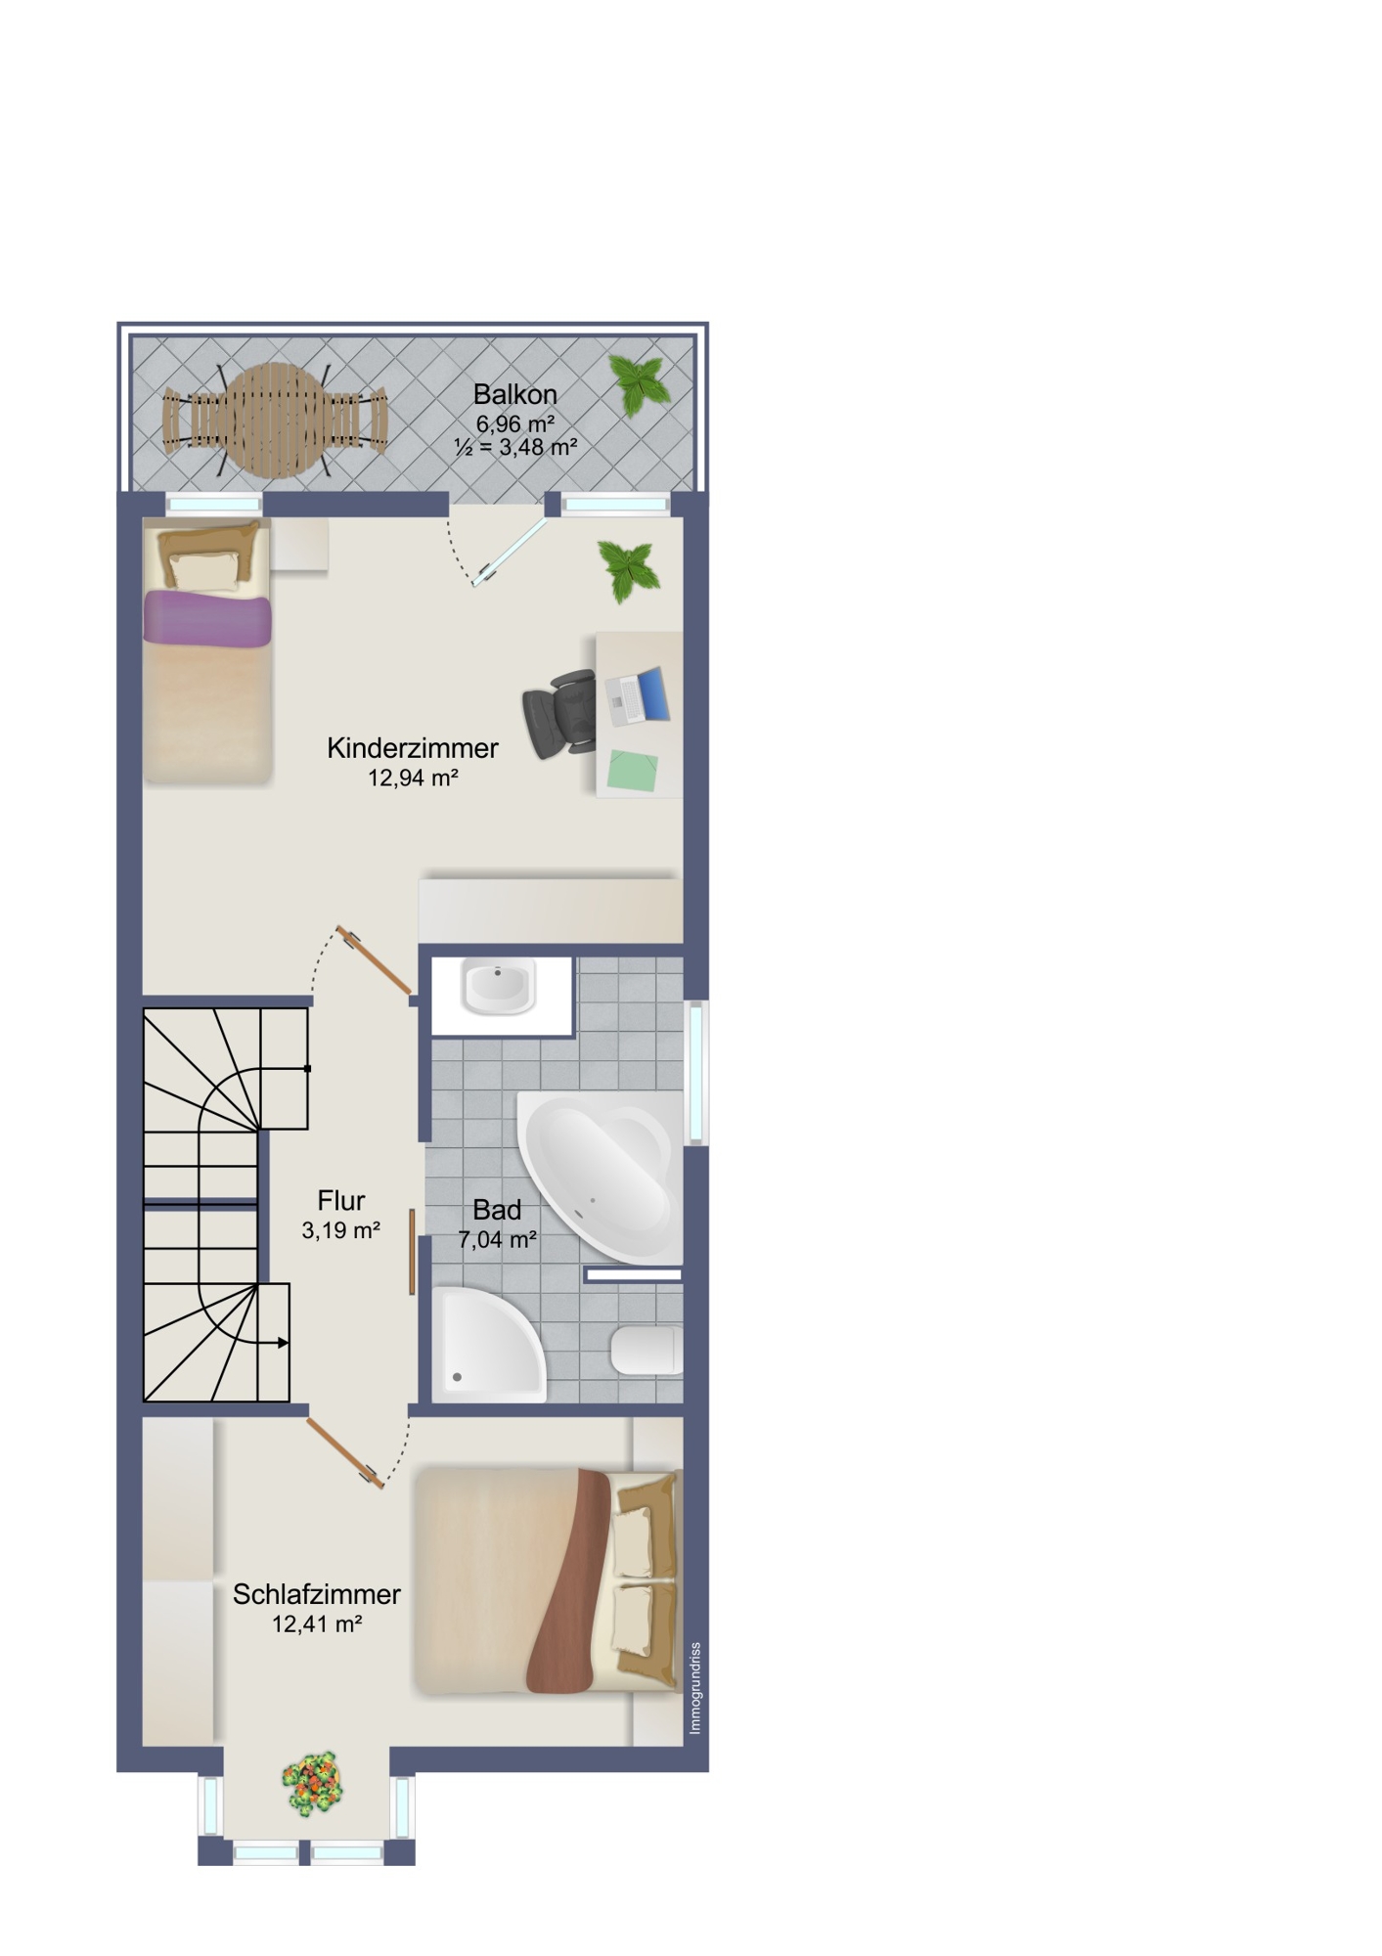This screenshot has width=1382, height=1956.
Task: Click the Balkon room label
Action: point(514,394)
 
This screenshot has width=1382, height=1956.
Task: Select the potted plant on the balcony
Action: point(640,384)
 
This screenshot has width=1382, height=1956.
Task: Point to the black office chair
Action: point(559,713)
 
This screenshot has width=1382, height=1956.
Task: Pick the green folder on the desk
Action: point(632,770)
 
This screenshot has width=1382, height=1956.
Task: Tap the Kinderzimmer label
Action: point(413,748)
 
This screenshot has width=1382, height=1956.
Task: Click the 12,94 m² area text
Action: point(413,778)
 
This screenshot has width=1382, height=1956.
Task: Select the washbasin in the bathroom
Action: point(499,988)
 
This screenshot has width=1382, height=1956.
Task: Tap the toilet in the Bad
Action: point(647,1351)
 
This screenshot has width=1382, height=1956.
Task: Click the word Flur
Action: point(341,1200)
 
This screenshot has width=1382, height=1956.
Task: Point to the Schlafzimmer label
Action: point(317,1594)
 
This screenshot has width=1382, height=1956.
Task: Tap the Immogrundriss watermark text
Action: point(695,1688)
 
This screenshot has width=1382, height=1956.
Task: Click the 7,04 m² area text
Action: point(497,1239)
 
